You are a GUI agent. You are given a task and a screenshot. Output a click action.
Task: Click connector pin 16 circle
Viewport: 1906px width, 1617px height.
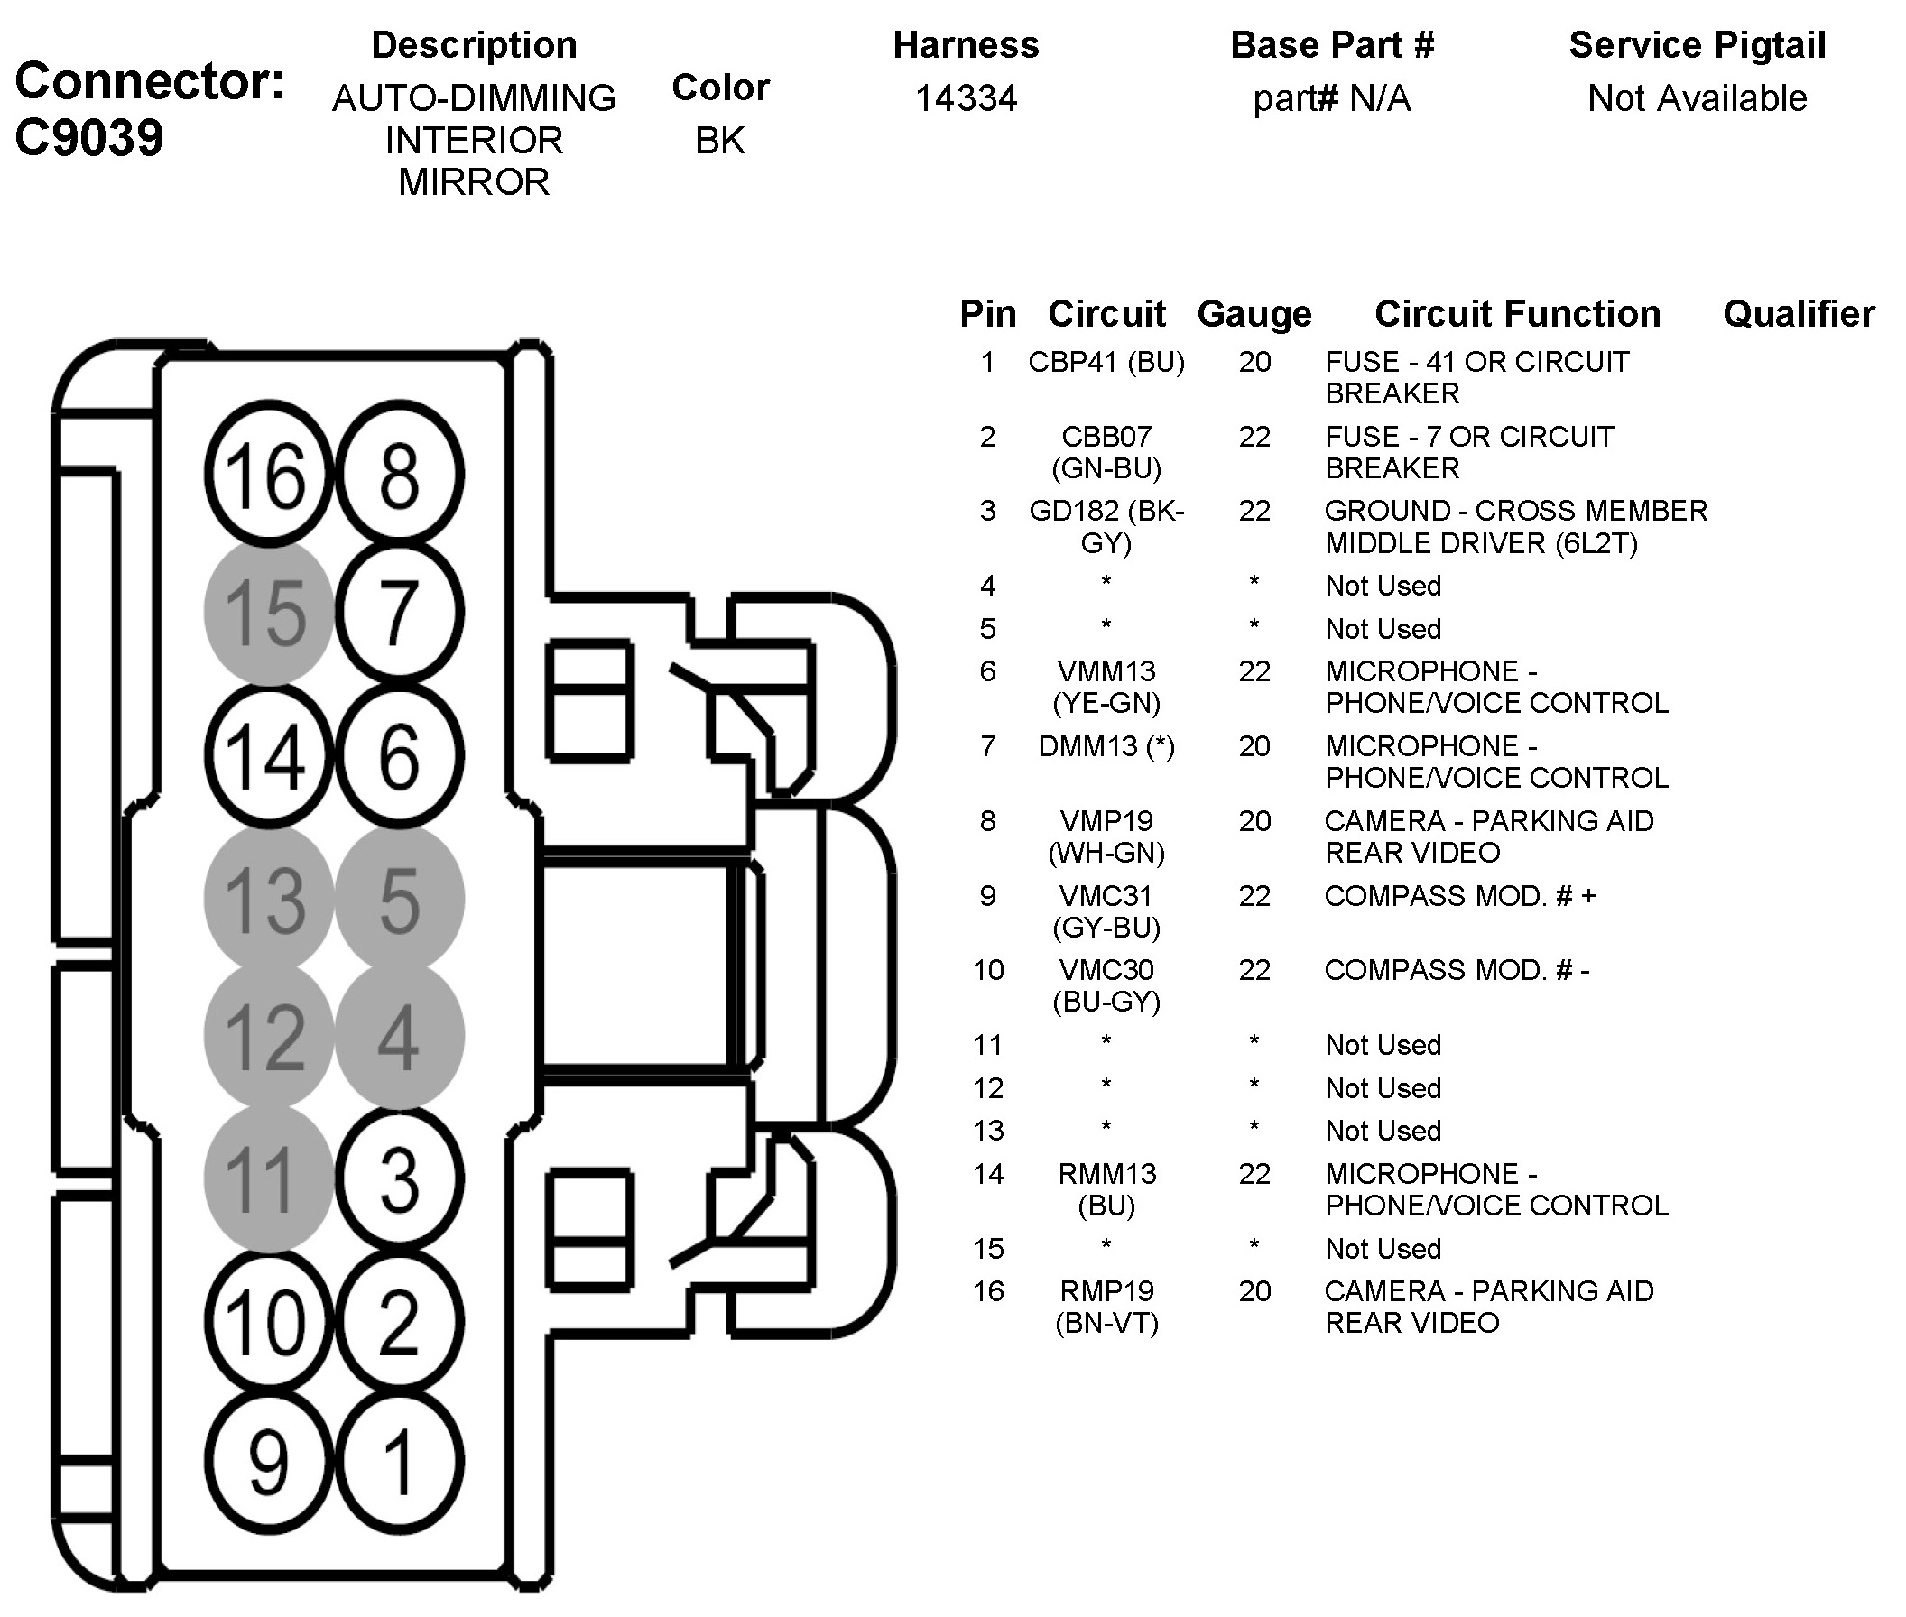(x=268, y=475)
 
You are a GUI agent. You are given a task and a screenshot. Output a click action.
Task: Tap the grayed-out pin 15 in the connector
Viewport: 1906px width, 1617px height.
(x=268, y=613)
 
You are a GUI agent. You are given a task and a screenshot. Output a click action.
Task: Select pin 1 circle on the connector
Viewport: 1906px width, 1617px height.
(x=399, y=1462)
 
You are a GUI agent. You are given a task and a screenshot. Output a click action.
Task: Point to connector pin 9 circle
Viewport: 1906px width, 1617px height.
(x=268, y=1462)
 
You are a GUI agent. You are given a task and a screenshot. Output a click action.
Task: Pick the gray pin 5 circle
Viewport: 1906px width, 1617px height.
(x=399, y=899)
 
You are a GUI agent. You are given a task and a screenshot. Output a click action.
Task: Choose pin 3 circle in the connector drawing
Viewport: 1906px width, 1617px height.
(x=399, y=1178)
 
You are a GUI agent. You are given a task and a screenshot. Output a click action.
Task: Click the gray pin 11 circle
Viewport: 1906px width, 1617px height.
(x=268, y=1178)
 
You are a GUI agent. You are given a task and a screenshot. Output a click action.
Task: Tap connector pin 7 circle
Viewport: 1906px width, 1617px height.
(x=399, y=613)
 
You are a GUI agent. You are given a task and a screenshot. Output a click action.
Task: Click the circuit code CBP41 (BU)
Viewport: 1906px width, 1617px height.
(x=1106, y=362)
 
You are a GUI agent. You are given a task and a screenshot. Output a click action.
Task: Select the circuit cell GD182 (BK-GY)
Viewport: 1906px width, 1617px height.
(x=1106, y=527)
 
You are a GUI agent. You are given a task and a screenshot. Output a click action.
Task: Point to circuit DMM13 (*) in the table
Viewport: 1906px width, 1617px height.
(x=1106, y=746)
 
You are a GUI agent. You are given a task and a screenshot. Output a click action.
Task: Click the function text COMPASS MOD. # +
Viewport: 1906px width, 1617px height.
(x=1459, y=896)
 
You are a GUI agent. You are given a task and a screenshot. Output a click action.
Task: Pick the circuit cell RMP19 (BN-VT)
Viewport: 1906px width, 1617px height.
(x=1106, y=1307)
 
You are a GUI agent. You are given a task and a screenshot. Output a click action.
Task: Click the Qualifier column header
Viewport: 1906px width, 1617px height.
(x=1799, y=314)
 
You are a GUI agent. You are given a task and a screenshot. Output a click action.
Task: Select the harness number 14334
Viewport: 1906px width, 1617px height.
(x=967, y=98)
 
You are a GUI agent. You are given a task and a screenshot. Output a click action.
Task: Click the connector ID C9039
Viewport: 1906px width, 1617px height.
(x=90, y=138)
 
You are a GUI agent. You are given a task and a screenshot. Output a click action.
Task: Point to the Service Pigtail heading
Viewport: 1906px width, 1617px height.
(x=1698, y=46)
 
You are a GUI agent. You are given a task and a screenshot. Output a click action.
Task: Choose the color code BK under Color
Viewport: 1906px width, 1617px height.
(x=720, y=140)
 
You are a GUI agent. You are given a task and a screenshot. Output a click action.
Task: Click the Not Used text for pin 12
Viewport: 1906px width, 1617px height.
(x=1383, y=1088)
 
